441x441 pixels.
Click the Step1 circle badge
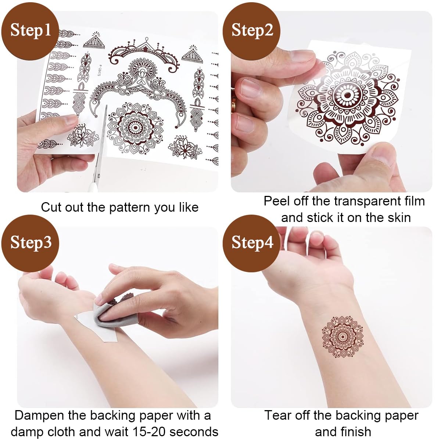30,31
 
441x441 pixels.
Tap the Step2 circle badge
252,31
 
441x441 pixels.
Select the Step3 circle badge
30,243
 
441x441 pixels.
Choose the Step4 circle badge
252,243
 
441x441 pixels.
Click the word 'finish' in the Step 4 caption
353,431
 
